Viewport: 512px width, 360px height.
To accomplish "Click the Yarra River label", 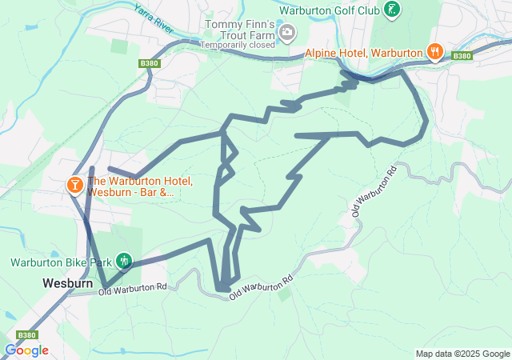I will point(154,18).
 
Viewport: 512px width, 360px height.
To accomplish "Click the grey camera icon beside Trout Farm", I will point(287,33).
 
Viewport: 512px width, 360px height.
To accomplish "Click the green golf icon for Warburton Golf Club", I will point(391,10).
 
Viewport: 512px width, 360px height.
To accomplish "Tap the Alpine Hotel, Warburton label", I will point(363,53).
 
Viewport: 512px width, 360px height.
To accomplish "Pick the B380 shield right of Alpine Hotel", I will point(462,56).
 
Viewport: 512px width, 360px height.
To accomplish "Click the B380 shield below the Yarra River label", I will point(149,63).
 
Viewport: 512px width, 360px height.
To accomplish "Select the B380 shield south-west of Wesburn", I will point(26,335).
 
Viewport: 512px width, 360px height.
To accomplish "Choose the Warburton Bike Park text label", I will point(60,262).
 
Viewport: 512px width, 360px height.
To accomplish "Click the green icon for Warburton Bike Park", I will point(123,261).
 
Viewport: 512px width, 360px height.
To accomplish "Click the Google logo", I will point(26,350).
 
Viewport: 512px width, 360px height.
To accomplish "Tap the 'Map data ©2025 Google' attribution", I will point(462,354).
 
